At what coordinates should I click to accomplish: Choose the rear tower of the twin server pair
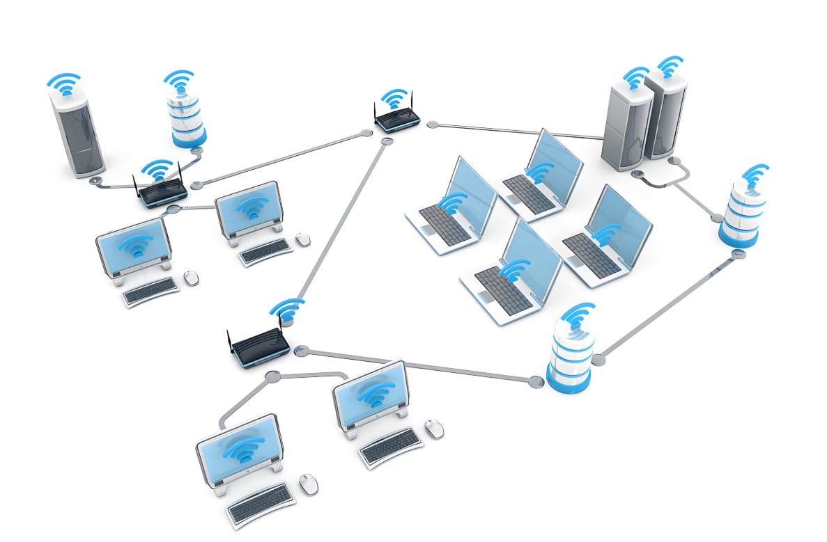point(666,115)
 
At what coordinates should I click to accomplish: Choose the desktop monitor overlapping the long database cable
point(369,397)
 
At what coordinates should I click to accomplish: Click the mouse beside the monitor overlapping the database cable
point(434,429)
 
